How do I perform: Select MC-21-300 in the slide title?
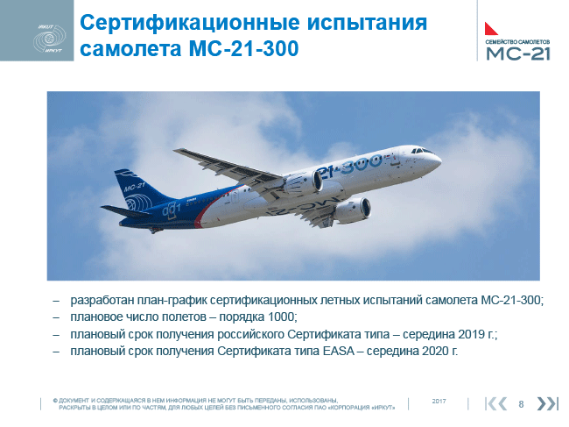coord(244,49)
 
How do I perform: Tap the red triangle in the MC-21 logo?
coord(491,28)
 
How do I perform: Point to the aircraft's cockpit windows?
coord(421,151)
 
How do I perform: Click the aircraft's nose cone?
coord(438,160)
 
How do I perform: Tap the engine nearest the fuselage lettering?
coord(304,182)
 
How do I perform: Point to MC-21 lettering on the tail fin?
coord(134,187)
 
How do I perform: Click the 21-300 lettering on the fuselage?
coord(349,166)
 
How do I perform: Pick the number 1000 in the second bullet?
coord(280,317)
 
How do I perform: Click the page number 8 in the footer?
coord(521,404)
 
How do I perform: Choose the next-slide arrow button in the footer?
coord(547,403)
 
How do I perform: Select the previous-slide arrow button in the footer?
coord(495,403)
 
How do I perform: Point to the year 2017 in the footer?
coord(439,402)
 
